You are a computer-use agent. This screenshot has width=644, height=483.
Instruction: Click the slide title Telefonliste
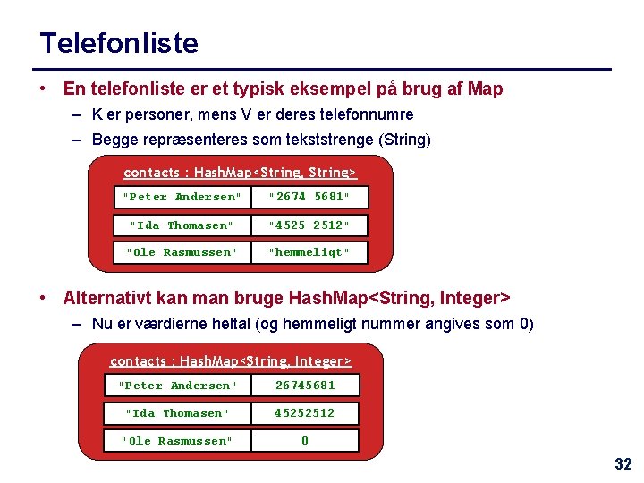(x=119, y=43)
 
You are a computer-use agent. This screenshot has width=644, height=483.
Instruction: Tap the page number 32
(x=623, y=464)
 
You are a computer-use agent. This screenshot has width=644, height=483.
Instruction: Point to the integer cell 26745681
(x=305, y=386)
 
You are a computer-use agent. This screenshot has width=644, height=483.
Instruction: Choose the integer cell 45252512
(x=305, y=413)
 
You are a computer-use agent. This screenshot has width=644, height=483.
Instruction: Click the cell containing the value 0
(x=305, y=441)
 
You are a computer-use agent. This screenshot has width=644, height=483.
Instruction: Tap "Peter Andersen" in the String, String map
(x=182, y=197)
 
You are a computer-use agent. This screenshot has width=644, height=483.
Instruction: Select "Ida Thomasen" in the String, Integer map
(x=178, y=413)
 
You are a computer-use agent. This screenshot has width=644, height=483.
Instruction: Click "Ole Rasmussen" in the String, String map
(x=182, y=252)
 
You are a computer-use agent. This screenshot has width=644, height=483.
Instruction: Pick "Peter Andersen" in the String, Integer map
(x=178, y=386)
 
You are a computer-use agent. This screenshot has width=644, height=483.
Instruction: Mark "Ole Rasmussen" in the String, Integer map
(x=178, y=441)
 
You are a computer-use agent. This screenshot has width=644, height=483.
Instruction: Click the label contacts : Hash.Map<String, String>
(x=240, y=172)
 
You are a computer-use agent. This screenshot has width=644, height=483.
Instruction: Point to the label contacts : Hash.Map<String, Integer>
(x=231, y=361)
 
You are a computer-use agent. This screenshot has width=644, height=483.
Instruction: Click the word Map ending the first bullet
(x=486, y=89)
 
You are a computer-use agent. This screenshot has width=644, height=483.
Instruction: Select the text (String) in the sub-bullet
(x=405, y=140)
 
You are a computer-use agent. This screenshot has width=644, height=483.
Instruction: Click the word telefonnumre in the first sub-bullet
(x=369, y=114)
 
